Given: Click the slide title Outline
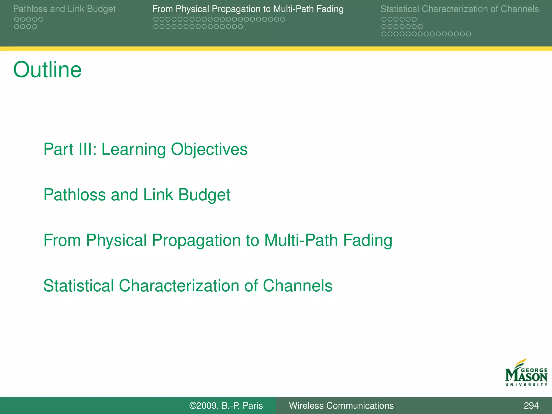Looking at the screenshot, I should pos(47,70).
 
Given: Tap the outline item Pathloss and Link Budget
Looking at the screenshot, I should pos(137,195).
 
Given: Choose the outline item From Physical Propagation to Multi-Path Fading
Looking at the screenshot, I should pos(218,240).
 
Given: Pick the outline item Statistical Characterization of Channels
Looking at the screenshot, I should pos(188,286).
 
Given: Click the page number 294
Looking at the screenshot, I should pos(531,405).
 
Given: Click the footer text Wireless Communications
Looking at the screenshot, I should pos(341,405).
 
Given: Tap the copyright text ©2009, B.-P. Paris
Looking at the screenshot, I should pos(226,405).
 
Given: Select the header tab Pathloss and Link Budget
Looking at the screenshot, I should pos(64,9).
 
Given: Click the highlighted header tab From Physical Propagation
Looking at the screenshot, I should pos(248,9).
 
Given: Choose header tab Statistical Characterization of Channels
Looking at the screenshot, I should pos(459,9).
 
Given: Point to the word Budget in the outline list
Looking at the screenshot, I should pos(204,195).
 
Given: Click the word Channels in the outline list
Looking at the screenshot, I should pos(297,286).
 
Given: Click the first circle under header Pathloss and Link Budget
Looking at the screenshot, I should pos(16,19).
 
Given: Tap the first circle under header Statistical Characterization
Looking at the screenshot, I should pos(384,19).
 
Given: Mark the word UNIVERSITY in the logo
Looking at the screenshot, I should pos(526,385).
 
